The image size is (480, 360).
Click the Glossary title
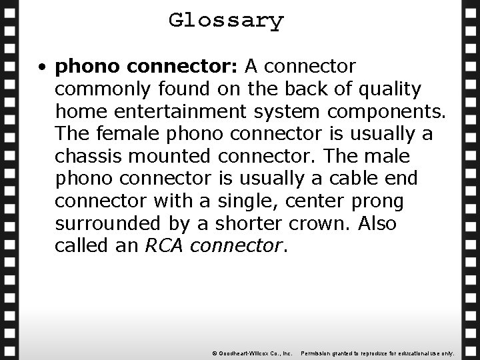pyautogui.click(x=226, y=20)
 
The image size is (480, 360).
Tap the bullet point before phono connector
pyautogui.click(x=42, y=67)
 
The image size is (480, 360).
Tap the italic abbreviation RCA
pyautogui.click(x=165, y=246)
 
